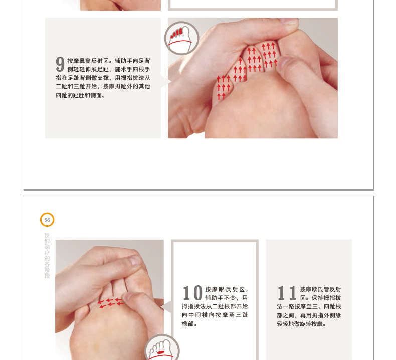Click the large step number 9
(x=60, y=64)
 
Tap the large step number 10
(x=192, y=293)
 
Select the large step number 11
(x=287, y=293)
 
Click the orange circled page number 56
(x=47, y=220)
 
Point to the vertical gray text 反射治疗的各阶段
(x=47, y=255)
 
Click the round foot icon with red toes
(x=181, y=38)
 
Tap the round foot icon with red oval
(x=162, y=348)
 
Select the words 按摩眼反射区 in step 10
(x=224, y=289)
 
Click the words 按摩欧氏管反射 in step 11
(x=320, y=289)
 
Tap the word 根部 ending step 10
(x=187, y=324)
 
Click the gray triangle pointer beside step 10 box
(x=167, y=307)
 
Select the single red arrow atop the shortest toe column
(x=240, y=61)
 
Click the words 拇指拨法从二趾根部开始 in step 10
(x=215, y=306)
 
